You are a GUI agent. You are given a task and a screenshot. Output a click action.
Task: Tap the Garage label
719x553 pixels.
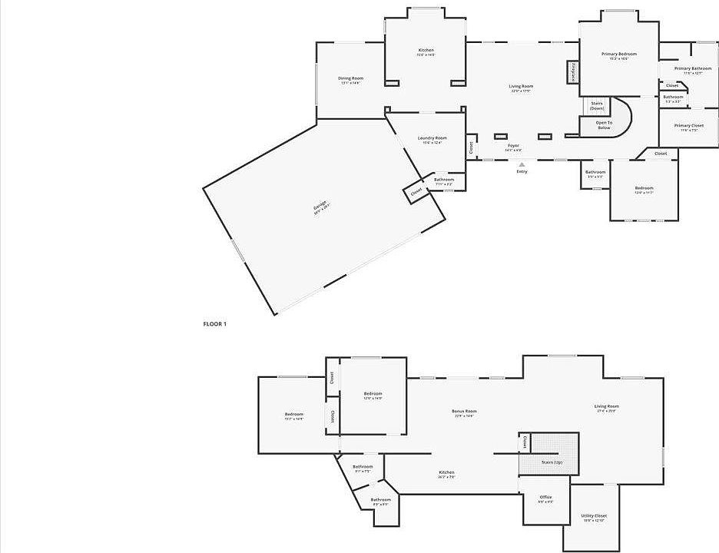tap(320, 206)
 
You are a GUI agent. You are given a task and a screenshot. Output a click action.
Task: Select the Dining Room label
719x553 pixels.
tap(351, 78)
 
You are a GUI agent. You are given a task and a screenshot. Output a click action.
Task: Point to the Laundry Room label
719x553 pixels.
tap(432, 138)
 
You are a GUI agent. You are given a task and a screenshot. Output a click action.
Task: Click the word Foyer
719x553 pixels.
tap(513, 145)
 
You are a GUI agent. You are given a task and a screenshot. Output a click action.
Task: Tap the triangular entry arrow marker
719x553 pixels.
tap(522, 164)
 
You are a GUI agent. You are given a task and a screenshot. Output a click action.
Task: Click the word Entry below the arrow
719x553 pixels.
tap(522, 171)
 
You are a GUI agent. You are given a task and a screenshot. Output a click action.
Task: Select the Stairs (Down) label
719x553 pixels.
tap(597, 105)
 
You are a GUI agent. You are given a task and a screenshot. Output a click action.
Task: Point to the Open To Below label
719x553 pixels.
tap(605, 124)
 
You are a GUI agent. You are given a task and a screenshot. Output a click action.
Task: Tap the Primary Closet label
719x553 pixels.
tap(688, 125)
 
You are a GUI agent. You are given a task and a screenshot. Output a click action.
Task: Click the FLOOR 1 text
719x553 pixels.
tap(214, 324)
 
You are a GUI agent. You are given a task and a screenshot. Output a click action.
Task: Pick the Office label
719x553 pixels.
tap(545, 498)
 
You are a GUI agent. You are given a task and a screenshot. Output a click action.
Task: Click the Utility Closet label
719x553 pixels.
tap(594, 516)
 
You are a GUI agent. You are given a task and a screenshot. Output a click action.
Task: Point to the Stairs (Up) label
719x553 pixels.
tap(552, 462)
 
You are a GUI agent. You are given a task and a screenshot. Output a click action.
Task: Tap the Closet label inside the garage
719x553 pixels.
tap(416, 191)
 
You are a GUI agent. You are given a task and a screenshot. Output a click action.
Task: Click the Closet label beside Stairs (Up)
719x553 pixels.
tap(525, 443)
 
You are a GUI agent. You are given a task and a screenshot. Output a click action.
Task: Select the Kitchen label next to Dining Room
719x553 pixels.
tap(426, 51)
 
